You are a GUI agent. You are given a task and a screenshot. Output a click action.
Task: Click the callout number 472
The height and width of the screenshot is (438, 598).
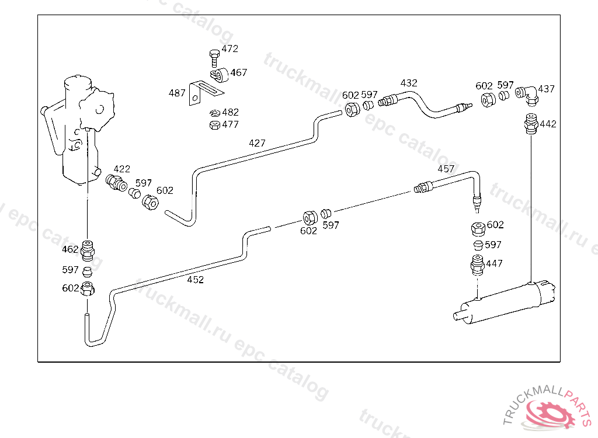click(230, 49)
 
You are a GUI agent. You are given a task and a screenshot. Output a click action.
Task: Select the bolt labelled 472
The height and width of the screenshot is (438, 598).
click(214, 58)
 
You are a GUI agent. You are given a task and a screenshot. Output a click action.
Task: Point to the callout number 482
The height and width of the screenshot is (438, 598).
click(230, 112)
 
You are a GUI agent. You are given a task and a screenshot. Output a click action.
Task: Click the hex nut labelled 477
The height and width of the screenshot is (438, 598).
click(215, 125)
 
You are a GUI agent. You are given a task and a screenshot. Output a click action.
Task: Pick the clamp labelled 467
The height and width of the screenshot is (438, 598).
click(220, 75)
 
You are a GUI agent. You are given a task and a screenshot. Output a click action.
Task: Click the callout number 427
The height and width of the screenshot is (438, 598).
click(257, 143)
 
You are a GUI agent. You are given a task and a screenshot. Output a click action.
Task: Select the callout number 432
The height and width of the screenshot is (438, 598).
click(409, 83)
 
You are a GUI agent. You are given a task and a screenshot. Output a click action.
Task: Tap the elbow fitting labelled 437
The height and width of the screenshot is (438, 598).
click(527, 95)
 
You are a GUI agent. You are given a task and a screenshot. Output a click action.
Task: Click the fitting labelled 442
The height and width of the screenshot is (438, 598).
click(531, 124)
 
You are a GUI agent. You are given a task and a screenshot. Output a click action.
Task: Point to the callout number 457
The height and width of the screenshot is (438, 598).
click(446, 169)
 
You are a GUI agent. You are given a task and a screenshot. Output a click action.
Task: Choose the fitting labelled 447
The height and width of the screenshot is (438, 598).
click(478, 265)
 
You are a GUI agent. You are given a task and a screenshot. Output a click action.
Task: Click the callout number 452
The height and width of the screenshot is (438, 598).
click(195, 280)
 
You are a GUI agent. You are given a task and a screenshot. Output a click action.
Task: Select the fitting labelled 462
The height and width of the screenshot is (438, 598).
click(88, 251)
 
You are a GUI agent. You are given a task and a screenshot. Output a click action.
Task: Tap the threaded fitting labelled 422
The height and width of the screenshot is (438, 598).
click(116, 183)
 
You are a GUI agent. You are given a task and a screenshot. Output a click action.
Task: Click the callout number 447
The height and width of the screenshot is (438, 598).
click(494, 263)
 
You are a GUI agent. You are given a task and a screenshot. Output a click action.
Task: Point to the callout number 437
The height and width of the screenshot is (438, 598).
click(547, 89)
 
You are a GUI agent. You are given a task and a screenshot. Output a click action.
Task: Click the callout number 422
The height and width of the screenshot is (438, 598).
click(121, 169)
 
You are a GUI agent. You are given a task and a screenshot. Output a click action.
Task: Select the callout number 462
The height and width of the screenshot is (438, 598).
click(70, 249)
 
